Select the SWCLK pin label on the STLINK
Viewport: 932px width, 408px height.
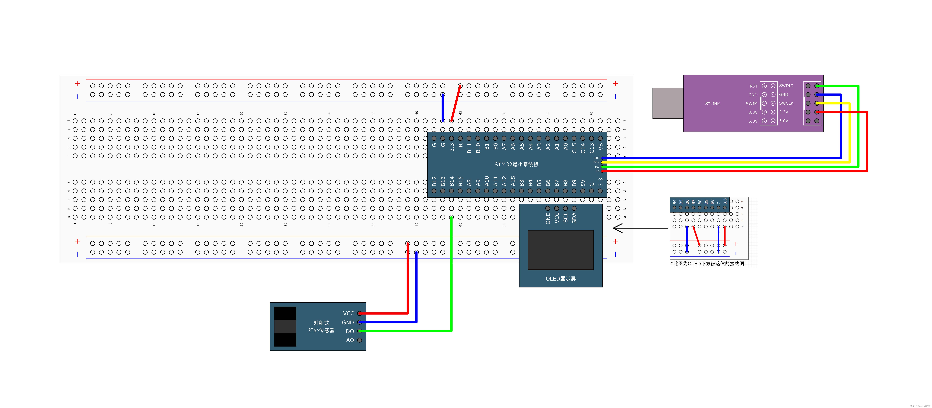(786, 103)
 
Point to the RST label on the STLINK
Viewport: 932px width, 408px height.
(753, 86)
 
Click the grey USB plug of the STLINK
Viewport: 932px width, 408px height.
(668, 103)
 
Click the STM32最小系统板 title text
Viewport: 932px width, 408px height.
(516, 164)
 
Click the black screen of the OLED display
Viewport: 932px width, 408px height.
(560, 250)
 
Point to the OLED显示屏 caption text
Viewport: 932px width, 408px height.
(560, 278)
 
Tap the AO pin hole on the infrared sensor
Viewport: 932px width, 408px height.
(359, 340)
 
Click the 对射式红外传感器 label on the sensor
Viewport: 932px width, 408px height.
(321, 327)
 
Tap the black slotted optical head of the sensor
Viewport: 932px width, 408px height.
(285, 327)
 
